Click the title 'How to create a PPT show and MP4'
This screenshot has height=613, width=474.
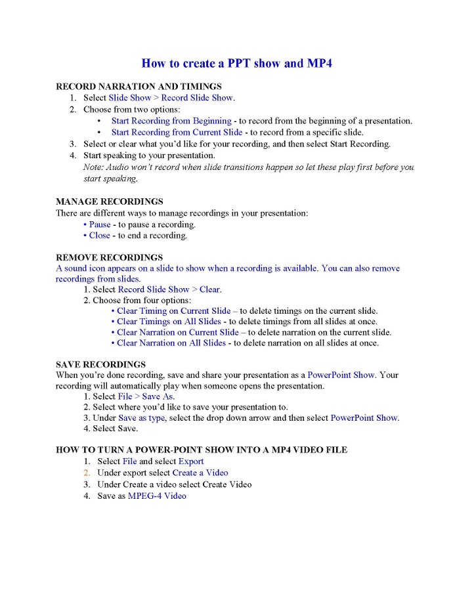[240, 64]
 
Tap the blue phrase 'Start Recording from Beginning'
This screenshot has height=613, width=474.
[171, 121]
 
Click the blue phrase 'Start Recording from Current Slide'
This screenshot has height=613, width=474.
[177, 132]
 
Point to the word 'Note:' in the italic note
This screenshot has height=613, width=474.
[94, 167]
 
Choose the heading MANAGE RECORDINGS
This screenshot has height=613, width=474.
[110, 201]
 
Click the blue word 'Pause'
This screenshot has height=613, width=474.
[100, 224]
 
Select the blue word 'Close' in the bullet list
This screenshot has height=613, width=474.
[99, 236]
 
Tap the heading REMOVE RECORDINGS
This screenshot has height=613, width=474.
[109, 257]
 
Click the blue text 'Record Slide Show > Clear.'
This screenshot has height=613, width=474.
[169, 289]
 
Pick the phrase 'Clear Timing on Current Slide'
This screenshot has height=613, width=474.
[173, 311]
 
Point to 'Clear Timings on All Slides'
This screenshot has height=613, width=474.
[169, 322]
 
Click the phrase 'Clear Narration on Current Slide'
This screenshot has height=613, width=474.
[177, 332]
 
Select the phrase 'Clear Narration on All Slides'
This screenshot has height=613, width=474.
[171, 343]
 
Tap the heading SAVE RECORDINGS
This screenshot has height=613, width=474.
[100, 364]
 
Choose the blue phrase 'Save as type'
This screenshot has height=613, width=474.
[142, 418]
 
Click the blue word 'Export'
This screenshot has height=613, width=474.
[191, 461]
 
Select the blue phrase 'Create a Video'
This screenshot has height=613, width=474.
[200, 473]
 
